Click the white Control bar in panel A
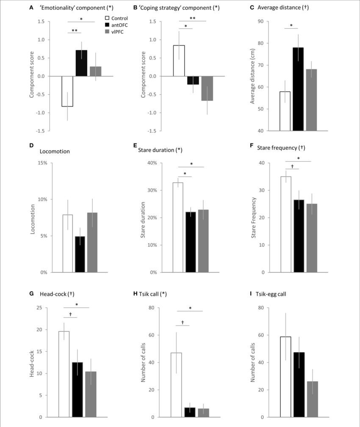tap(67, 91)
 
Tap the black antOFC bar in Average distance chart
tap(298, 89)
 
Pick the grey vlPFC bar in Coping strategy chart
tap(207, 88)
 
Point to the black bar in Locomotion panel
tap(80, 254)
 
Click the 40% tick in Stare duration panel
tap(152, 163)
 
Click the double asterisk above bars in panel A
tap(74, 30)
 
